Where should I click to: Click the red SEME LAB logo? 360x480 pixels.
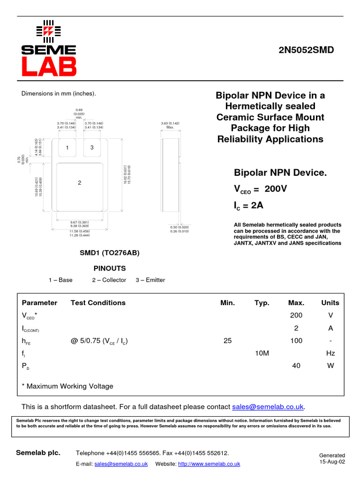point(49,48)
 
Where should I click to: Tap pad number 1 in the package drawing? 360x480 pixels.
point(67,148)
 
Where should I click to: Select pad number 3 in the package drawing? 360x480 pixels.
point(92,148)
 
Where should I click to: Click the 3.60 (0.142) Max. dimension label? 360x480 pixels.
point(170,125)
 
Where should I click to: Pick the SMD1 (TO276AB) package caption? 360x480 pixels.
point(110,253)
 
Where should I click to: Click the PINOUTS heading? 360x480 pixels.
point(110,269)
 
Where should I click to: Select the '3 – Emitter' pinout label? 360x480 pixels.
point(150,280)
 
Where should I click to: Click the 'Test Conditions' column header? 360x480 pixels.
point(98,303)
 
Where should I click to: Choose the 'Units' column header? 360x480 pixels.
point(330,303)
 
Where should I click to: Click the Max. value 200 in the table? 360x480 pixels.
point(296,315)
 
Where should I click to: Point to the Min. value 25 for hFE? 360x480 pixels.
point(228,341)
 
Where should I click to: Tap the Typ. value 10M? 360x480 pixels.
point(262,353)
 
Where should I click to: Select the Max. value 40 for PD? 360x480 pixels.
point(296,366)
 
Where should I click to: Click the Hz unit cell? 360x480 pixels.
point(330,353)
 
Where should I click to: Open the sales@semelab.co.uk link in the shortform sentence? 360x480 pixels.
point(268,406)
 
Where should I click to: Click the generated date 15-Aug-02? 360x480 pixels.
point(332,462)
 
